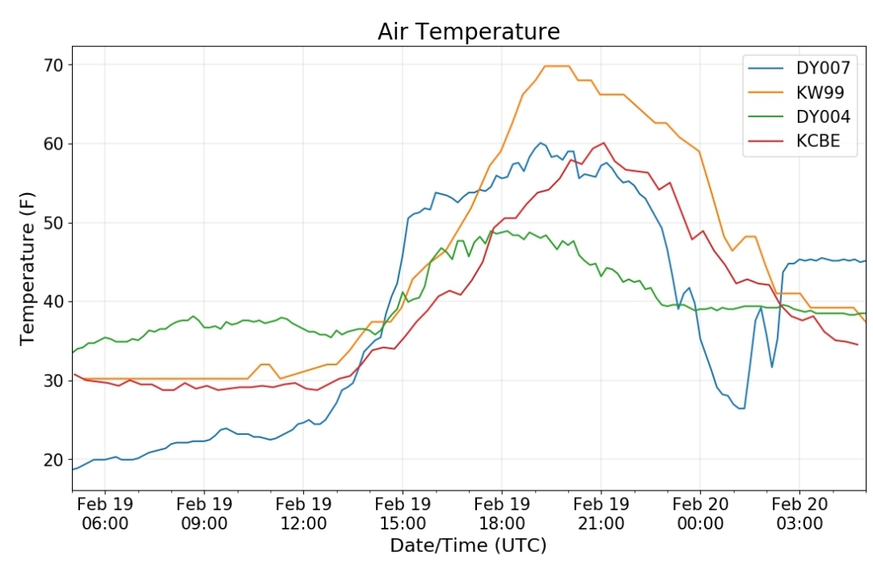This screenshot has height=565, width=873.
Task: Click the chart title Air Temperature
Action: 469,32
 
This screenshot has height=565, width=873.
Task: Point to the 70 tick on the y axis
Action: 53,65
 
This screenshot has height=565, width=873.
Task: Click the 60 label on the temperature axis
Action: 53,144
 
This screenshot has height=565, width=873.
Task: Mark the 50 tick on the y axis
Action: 53,223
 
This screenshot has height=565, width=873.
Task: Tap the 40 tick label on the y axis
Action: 53,301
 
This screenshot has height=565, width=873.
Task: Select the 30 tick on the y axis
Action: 53,381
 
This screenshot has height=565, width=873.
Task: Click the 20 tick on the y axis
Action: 53,460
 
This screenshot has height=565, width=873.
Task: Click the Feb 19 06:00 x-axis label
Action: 104,514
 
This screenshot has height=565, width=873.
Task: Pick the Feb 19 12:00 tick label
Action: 303,514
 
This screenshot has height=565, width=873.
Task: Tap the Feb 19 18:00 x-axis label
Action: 502,514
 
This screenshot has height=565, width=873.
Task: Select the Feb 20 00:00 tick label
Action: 700,514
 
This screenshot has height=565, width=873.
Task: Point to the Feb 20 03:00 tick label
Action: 799,514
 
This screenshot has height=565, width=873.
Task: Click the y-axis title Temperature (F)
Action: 27,268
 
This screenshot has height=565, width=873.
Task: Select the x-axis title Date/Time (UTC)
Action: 468,546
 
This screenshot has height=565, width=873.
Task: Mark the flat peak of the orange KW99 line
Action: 557,65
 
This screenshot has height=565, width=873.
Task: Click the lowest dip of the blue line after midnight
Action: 741,408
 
